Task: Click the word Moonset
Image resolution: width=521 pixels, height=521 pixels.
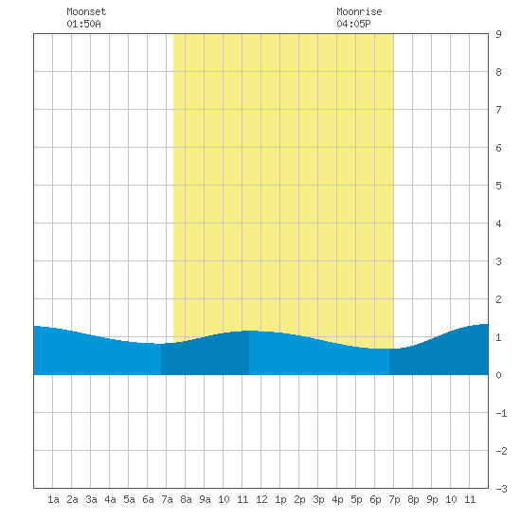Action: (x=86, y=11)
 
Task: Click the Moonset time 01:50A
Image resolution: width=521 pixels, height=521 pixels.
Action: (x=83, y=24)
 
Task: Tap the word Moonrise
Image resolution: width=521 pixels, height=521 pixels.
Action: (x=359, y=11)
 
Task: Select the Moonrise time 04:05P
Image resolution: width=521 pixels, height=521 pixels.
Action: (x=353, y=24)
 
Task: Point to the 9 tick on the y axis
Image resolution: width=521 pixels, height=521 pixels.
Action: (x=498, y=34)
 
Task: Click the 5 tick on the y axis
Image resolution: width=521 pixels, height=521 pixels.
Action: (x=498, y=186)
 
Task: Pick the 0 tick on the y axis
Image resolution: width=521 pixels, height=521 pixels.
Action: (x=498, y=375)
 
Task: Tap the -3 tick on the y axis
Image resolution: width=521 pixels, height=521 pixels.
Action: (x=501, y=489)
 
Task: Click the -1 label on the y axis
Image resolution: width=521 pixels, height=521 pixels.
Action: (x=501, y=413)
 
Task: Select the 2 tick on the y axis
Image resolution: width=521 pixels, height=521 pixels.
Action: (x=498, y=299)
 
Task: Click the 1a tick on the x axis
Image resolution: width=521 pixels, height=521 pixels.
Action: (x=53, y=499)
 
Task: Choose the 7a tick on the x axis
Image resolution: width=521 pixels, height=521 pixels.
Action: (x=167, y=499)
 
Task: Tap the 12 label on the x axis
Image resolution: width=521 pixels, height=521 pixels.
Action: (x=261, y=499)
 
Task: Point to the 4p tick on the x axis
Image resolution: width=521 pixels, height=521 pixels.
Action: (x=337, y=499)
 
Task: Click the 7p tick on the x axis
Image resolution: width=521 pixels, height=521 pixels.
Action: (x=394, y=499)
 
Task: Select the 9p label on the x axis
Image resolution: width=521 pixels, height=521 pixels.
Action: (x=432, y=499)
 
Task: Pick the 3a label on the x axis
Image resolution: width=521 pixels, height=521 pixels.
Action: (x=91, y=499)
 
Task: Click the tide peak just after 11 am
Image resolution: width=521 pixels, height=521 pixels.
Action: (x=249, y=331)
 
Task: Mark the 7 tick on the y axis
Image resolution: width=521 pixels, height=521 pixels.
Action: (x=498, y=110)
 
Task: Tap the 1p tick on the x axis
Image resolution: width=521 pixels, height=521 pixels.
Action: (x=280, y=499)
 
